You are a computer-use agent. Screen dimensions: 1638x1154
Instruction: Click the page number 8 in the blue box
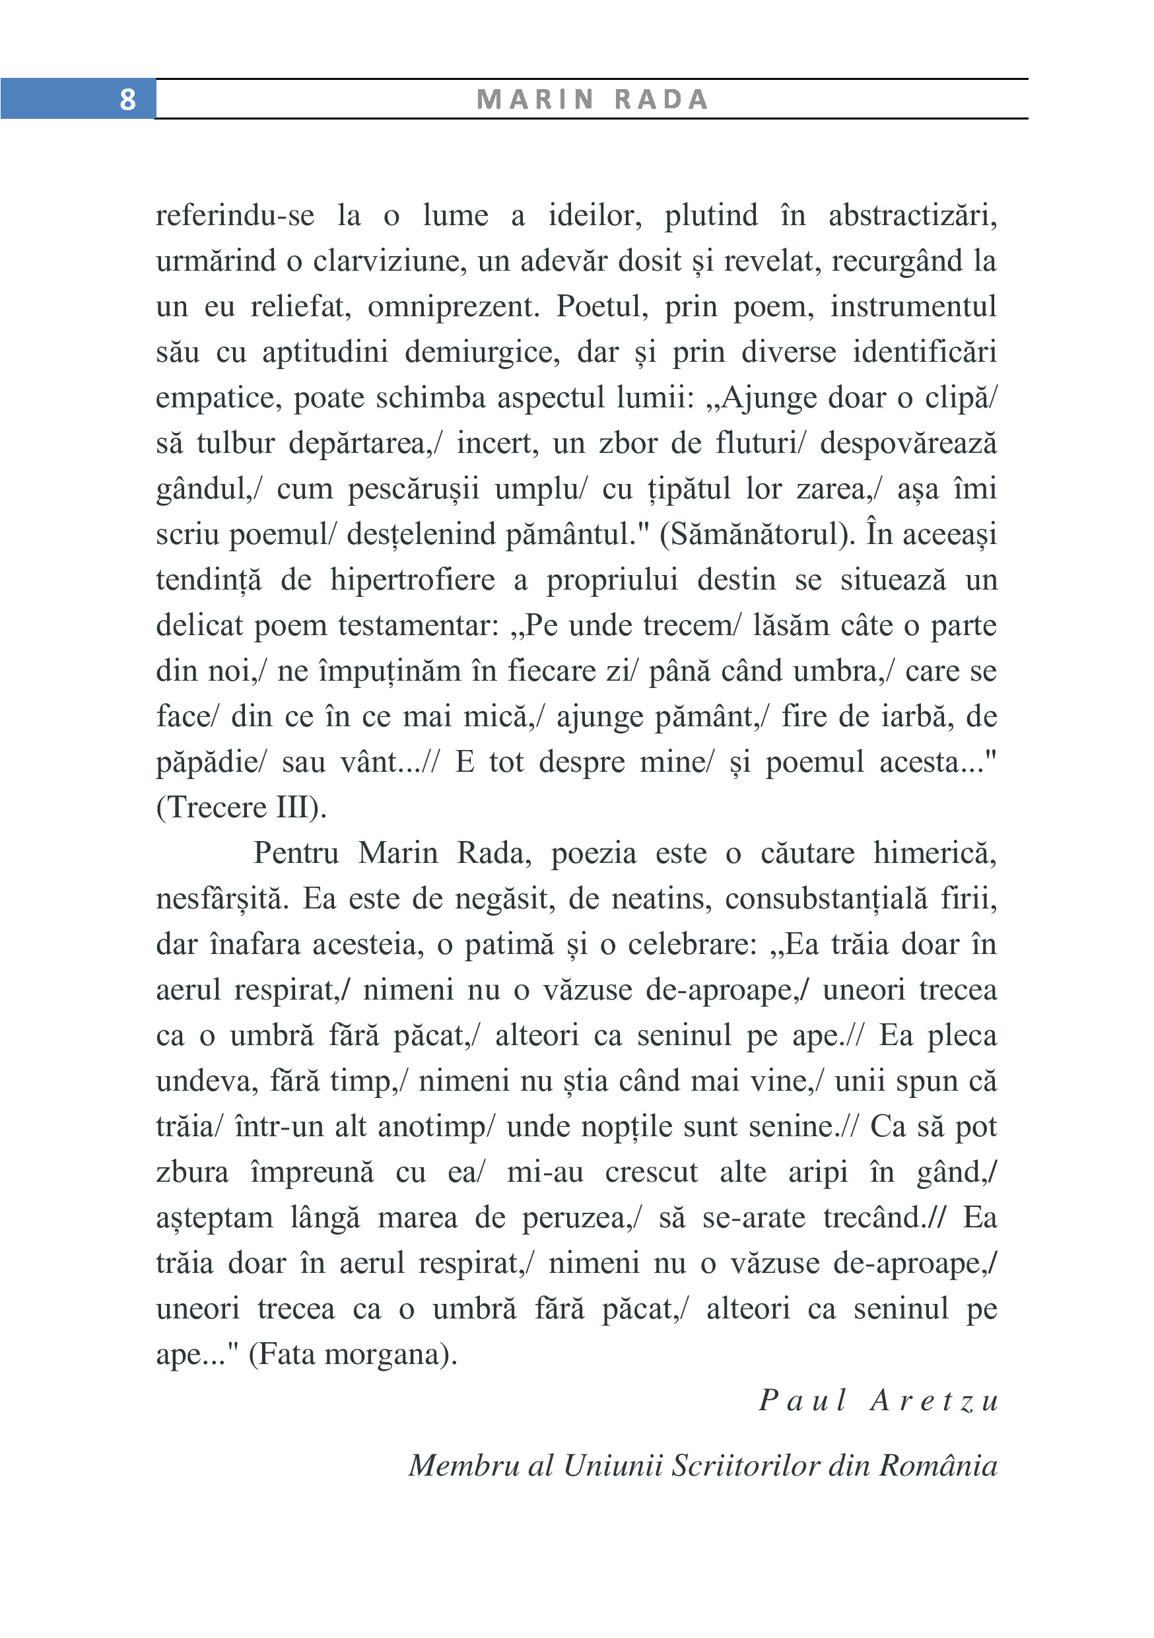pyautogui.click(x=127, y=99)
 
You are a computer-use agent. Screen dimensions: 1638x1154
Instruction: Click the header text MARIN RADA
pyautogui.click(x=592, y=99)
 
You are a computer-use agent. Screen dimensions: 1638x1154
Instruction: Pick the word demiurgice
pyautogui.click(x=482, y=353)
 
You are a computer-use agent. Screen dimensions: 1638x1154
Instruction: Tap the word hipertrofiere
pyautogui.click(x=412, y=580)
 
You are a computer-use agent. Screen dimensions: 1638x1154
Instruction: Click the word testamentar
pyautogui.click(x=418, y=626)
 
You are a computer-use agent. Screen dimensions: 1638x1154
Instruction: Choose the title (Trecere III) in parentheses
pyautogui.click(x=241, y=807)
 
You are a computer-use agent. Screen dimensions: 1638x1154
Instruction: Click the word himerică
pyautogui.click(x=934, y=853)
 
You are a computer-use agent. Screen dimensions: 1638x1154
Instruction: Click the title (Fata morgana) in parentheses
pyautogui.click(x=353, y=1355)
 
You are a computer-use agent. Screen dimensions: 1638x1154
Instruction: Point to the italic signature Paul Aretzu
pyautogui.click(x=878, y=1400)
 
